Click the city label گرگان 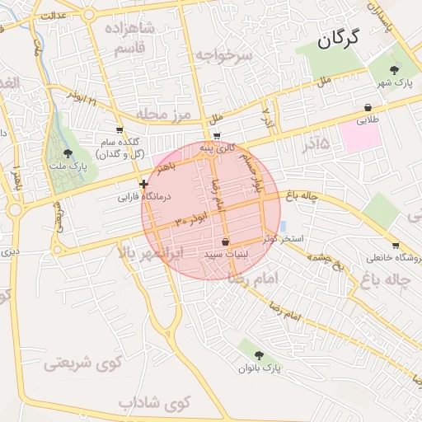pos(348,39)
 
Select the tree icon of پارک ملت pos(68,153)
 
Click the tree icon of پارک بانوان pos(259,355)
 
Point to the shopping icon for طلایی pos(366,107)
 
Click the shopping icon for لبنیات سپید pos(225,241)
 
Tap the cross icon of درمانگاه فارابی pos(144,184)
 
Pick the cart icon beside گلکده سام pos(120,130)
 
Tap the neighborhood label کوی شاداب pos(154,403)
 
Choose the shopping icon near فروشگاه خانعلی pos(396,245)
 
